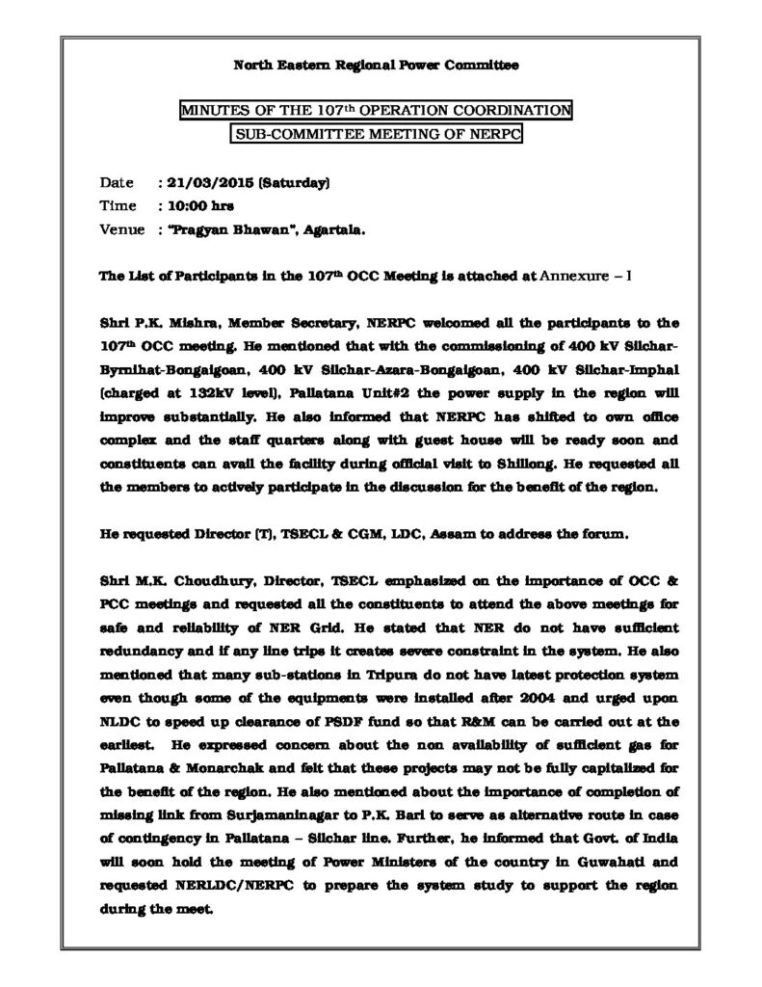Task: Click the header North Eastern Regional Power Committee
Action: point(377,66)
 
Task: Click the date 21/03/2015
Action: point(197,182)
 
